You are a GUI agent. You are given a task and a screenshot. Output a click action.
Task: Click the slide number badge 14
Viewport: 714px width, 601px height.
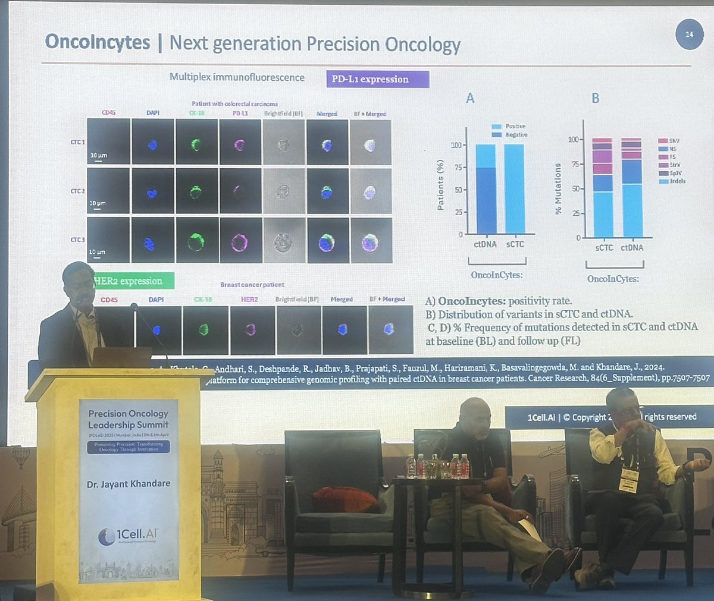[689, 35]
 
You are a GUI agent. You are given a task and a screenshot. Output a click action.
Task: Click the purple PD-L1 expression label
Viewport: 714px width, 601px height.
[377, 79]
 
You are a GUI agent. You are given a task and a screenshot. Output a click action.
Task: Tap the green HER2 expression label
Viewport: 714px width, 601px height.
[134, 281]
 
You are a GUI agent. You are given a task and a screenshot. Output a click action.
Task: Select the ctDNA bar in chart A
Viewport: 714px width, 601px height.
[486, 189]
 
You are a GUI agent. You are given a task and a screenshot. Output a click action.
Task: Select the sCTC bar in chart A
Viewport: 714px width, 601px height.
[515, 189]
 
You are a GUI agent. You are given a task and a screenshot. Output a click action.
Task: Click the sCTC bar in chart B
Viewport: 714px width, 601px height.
[603, 189]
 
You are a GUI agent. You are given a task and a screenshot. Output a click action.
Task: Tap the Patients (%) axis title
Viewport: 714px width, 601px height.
[440, 185]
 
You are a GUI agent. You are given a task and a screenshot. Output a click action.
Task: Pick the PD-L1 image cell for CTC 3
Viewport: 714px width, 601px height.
[240, 241]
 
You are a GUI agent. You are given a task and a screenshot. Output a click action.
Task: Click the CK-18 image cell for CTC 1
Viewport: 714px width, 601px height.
[196, 142]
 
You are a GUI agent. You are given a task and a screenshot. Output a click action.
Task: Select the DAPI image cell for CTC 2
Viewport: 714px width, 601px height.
[153, 191]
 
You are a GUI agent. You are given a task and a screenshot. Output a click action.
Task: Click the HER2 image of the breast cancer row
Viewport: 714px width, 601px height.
[251, 330]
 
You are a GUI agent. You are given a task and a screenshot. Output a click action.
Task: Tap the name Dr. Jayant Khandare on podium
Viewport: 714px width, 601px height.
[129, 484]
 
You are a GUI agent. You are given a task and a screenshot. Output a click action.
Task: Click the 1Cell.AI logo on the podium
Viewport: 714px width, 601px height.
[129, 536]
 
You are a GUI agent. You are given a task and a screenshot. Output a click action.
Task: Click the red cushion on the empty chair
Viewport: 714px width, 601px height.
[346, 499]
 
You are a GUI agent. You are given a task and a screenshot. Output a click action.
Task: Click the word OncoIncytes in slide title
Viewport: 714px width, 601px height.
[98, 42]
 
